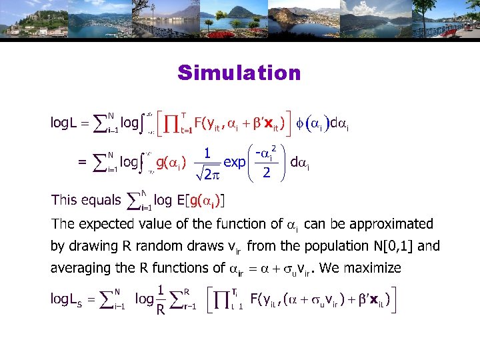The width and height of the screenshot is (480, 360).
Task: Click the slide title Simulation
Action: (x=239, y=73)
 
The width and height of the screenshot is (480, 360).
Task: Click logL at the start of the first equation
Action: (x=68, y=123)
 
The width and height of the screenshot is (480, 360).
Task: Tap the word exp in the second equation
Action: (x=234, y=161)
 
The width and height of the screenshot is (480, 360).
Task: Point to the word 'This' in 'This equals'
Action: (x=64, y=199)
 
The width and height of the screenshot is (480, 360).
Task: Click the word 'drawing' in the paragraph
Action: (x=93, y=246)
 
